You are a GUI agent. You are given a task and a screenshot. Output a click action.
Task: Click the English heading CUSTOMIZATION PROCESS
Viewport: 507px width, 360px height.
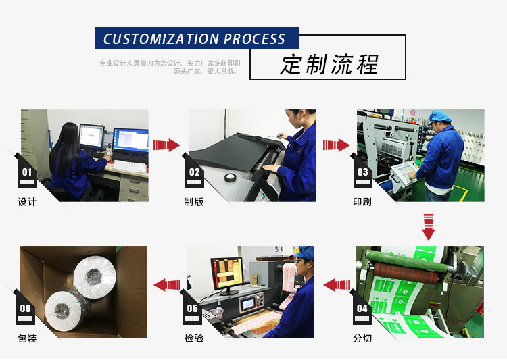pos(195,39)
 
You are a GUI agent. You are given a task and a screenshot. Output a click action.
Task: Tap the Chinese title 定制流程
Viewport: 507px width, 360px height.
pos(329,65)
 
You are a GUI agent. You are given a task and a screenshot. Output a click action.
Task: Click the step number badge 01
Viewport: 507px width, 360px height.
pos(27,173)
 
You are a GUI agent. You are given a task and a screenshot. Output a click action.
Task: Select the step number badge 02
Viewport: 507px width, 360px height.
pos(195,173)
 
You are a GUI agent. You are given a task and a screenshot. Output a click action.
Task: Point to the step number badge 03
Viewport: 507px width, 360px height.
pos(363,173)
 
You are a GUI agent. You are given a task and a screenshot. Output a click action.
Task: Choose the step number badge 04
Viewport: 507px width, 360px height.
pos(363,309)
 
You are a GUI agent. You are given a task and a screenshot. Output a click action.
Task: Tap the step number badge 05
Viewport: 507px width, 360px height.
pos(193,309)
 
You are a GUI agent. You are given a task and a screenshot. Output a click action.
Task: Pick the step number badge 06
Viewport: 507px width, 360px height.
pos(26,309)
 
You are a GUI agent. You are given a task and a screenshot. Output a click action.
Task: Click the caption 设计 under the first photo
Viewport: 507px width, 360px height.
pos(27,202)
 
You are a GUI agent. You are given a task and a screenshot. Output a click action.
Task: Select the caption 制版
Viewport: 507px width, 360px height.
pos(194,202)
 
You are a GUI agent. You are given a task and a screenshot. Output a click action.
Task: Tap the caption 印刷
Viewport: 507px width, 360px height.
pos(362,202)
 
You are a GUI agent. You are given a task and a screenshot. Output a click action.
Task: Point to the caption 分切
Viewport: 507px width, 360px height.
pos(362,338)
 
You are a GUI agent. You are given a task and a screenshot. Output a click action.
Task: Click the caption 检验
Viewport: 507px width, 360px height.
pos(193,338)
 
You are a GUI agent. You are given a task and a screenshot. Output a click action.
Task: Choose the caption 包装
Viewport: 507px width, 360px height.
pos(27,338)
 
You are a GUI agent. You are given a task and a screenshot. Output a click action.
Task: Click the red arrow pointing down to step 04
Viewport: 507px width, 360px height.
pos(428,228)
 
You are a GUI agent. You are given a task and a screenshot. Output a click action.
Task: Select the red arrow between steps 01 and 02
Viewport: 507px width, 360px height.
pos(166,145)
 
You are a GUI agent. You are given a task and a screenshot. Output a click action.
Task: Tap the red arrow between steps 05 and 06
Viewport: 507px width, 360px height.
pos(167,284)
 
